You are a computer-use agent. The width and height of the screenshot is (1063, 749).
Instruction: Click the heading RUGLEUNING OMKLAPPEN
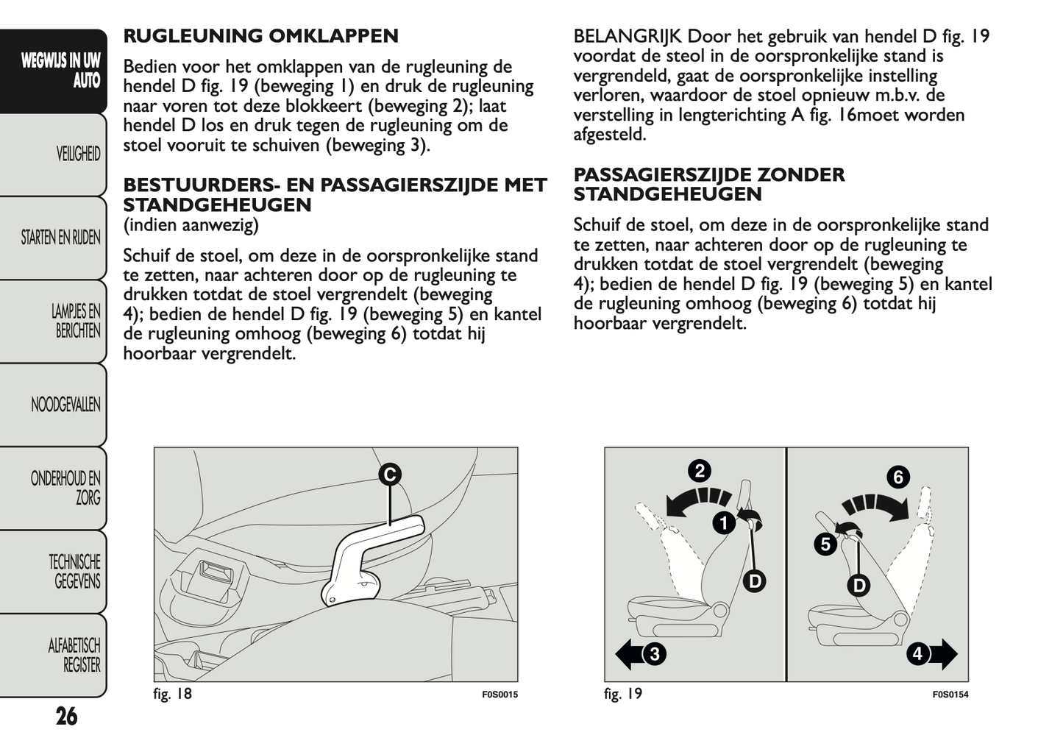coord(260,36)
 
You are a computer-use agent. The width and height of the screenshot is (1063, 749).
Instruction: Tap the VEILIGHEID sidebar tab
coord(78,154)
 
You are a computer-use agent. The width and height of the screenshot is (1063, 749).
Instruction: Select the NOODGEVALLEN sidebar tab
coord(65,405)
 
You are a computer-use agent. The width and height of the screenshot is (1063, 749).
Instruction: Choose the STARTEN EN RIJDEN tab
coord(60,238)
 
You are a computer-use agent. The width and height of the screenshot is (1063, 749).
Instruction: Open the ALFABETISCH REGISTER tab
coord(74,655)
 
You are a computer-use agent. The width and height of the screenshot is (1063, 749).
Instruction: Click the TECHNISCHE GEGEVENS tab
coord(74,572)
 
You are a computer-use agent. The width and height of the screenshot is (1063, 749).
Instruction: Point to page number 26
coord(66,716)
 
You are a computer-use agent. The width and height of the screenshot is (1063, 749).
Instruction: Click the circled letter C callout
coord(390,475)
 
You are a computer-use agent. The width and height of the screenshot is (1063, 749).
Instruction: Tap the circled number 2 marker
coord(700,471)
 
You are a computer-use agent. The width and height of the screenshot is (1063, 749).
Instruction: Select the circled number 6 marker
coord(898,477)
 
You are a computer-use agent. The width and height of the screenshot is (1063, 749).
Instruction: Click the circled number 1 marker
coord(724,523)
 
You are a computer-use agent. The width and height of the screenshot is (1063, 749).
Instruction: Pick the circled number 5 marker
coord(825,544)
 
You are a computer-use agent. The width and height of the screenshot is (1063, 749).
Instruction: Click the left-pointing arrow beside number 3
coord(628,653)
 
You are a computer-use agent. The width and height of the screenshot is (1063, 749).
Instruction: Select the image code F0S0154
coord(950,695)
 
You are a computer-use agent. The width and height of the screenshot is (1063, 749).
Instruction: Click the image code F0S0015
coord(500,695)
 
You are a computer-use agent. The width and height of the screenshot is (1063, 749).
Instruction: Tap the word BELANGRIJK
coord(628,36)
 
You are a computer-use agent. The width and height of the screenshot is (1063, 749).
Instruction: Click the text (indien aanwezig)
coord(191,224)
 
